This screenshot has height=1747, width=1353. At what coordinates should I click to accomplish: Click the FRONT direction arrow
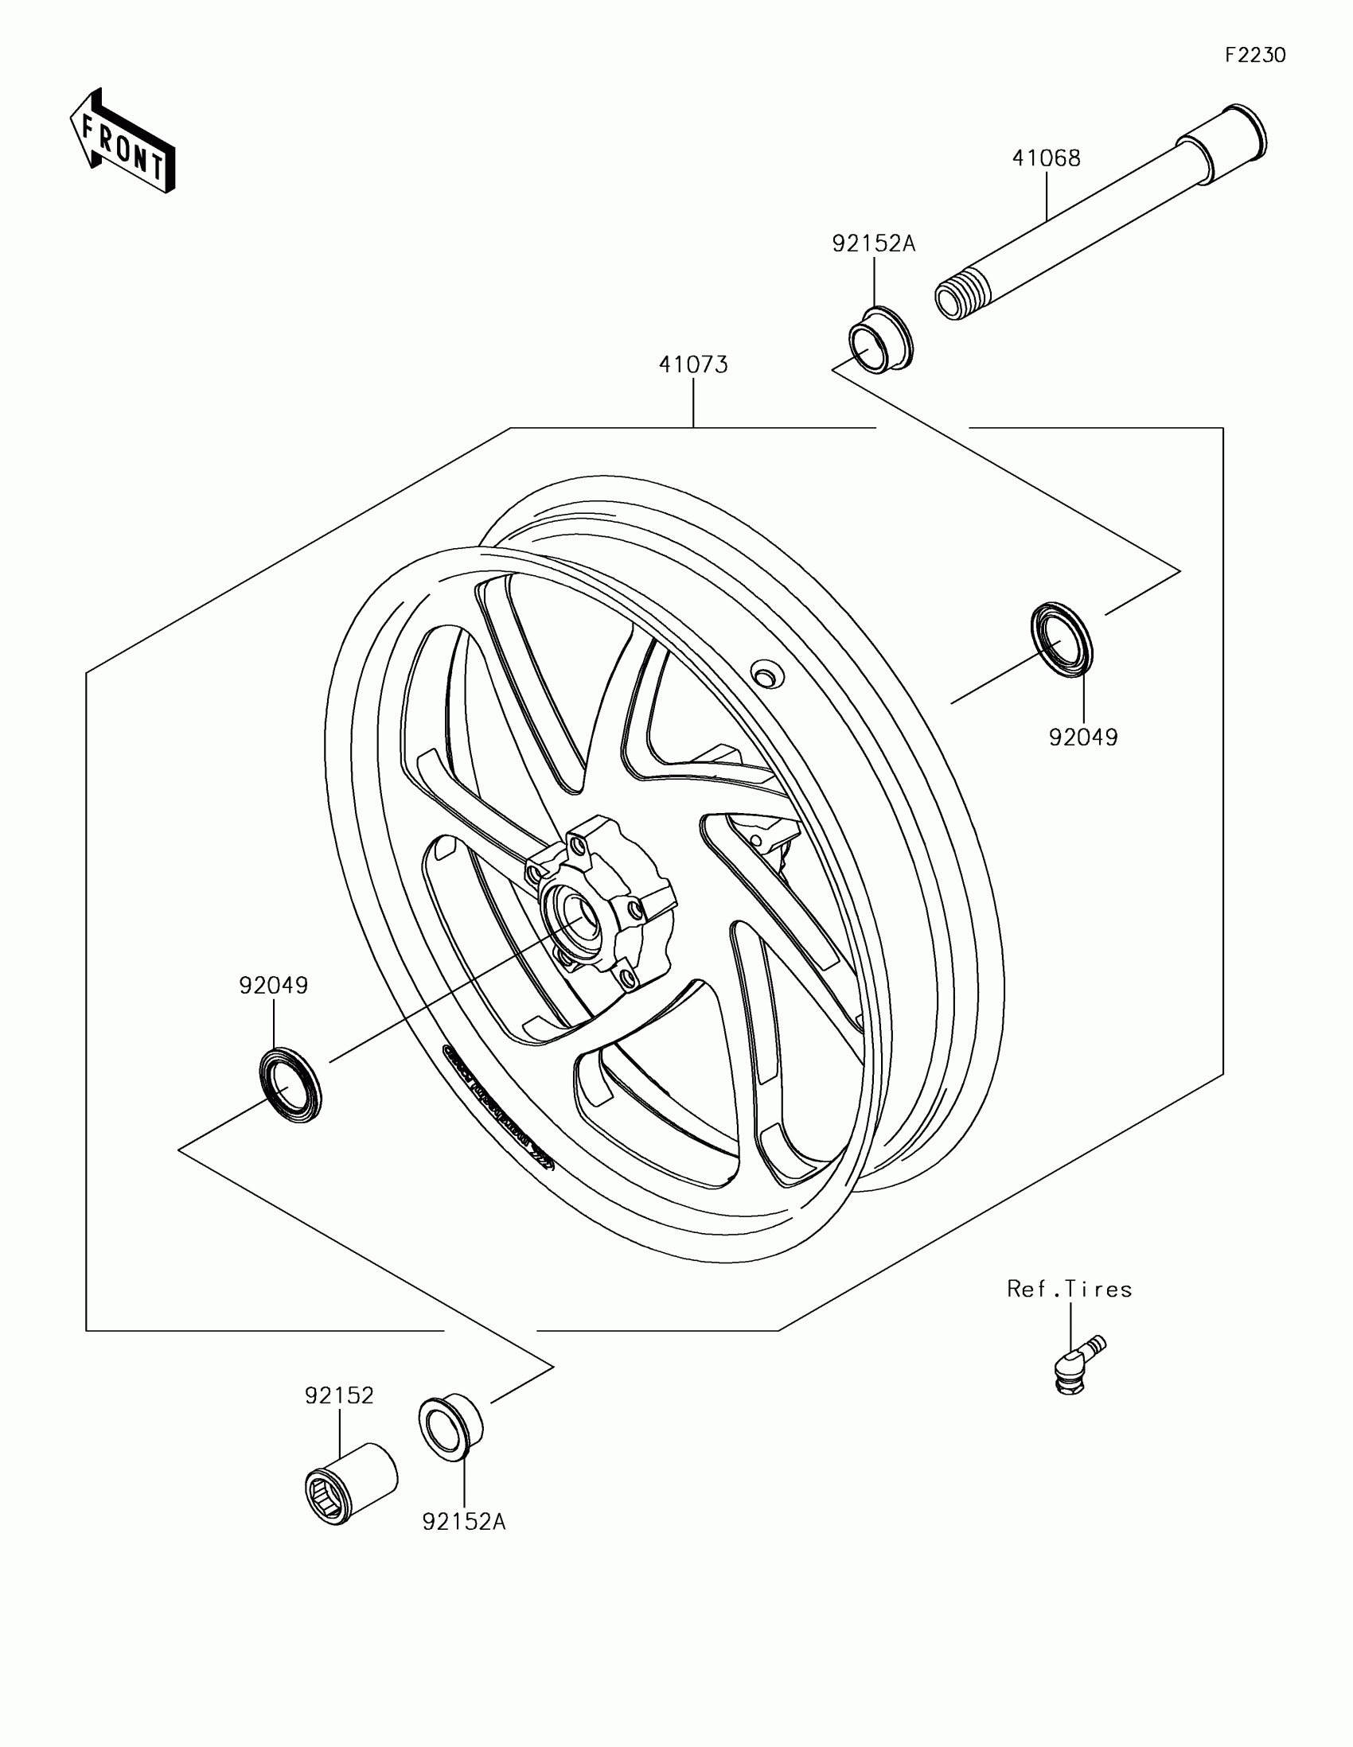123,141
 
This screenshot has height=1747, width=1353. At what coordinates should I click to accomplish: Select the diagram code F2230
1254,55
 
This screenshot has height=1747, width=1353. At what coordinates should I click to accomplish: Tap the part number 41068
1046,158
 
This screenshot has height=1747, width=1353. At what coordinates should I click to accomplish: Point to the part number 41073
693,365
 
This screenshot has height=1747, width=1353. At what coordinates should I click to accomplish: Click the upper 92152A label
873,243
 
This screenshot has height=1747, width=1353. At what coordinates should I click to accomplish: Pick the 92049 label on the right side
1083,737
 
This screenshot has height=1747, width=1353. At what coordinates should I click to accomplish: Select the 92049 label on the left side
274,986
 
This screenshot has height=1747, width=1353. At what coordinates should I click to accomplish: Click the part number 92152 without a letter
339,1395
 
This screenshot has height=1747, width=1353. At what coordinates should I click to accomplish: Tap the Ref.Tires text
1069,1289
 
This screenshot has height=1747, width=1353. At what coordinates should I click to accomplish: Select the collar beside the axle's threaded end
880,339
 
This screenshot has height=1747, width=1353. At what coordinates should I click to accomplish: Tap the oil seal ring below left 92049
290,1084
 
